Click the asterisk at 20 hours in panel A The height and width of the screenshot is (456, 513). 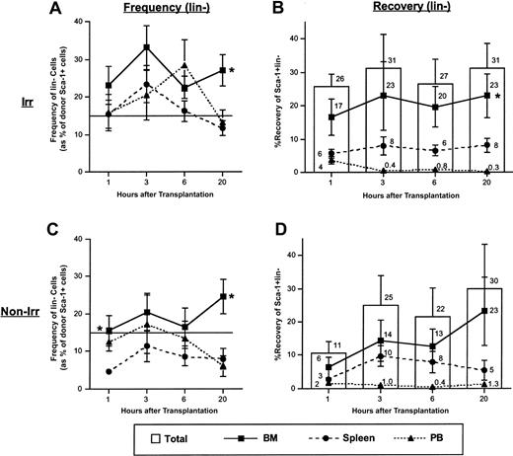click(230, 72)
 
